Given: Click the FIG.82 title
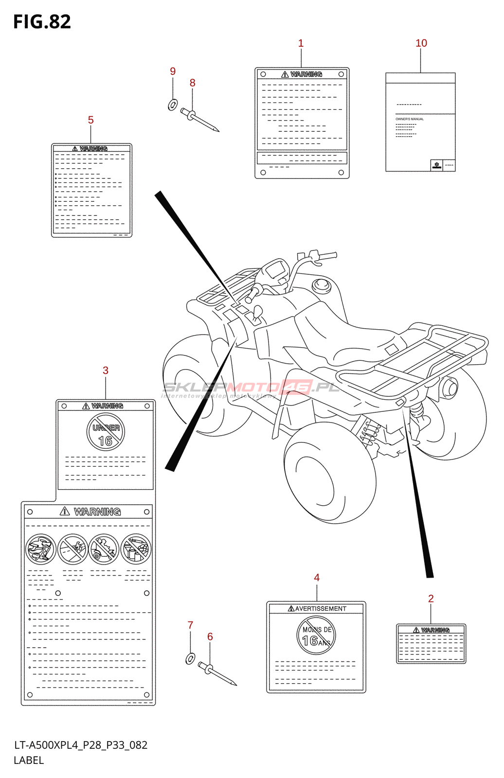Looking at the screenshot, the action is click(42, 22).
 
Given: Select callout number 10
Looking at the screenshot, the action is click(421, 43).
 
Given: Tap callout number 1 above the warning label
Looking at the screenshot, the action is click(301, 43).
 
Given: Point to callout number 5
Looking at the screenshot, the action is click(90, 120).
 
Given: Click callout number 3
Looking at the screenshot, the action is click(106, 371).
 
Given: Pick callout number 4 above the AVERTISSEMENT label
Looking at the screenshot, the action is click(317, 578).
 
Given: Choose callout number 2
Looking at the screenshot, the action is click(431, 599).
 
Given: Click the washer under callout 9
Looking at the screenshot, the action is click(173, 104).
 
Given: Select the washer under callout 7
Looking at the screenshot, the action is click(190, 658).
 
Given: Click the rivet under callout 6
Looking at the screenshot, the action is click(217, 674).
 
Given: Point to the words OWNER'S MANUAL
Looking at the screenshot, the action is click(410, 119).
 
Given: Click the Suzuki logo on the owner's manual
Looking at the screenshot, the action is click(437, 165).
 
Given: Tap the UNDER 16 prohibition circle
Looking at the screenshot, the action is click(106, 432).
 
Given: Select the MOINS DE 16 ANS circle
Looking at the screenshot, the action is click(316, 636).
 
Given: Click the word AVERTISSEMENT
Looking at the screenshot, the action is click(321, 609).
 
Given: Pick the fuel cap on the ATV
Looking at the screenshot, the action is click(321, 284).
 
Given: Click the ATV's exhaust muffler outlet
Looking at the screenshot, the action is click(451, 388).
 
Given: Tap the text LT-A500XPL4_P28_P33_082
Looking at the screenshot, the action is click(81, 745).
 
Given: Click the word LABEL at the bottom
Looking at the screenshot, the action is click(29, 760).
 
